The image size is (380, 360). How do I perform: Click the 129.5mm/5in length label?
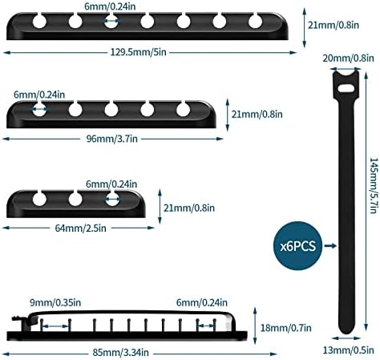click(139, 52)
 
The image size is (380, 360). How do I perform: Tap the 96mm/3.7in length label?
click(112, 139)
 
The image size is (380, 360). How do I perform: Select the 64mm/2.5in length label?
click(80, 229)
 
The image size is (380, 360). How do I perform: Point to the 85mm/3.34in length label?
click(120, 353)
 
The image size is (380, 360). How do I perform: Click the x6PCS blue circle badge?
click(297, 245)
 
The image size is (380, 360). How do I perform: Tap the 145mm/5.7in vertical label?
click(374, 185)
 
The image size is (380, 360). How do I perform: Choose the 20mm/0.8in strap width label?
click(348, 58)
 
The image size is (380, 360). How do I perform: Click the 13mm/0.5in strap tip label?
click(348, 350)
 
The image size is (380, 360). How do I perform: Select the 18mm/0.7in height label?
click(286, 328)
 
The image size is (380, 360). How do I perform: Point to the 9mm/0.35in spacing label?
click(55, 303)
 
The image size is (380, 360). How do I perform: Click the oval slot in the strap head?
click(346, 88)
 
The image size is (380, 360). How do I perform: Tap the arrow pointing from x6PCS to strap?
click(330, 245)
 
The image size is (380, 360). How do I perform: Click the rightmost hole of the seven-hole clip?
click(255, 22)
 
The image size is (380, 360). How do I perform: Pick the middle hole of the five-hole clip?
click(111, 110)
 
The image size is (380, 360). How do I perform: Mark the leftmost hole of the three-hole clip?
click(39, 199)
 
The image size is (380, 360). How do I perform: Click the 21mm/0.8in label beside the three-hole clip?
click(189, 208)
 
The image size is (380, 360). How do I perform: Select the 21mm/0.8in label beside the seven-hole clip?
click(334, 26)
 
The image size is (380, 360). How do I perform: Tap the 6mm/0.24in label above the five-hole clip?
click(39, 95)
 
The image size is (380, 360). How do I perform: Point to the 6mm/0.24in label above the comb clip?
click(202, 303)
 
